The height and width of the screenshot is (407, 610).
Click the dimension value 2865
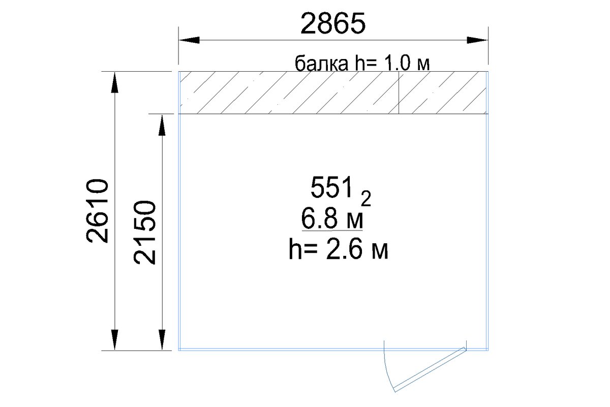(333, 23)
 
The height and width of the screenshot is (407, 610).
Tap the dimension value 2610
(97, 211)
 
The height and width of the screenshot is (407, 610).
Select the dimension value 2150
(144, 232)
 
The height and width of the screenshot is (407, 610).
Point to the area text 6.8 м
(332, 218)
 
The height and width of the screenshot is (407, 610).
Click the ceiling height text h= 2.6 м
(339, 249)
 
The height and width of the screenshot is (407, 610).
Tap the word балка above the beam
(321, 64)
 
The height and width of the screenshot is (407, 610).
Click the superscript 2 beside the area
(366, 199)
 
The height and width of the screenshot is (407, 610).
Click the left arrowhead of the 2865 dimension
(189, 40)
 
